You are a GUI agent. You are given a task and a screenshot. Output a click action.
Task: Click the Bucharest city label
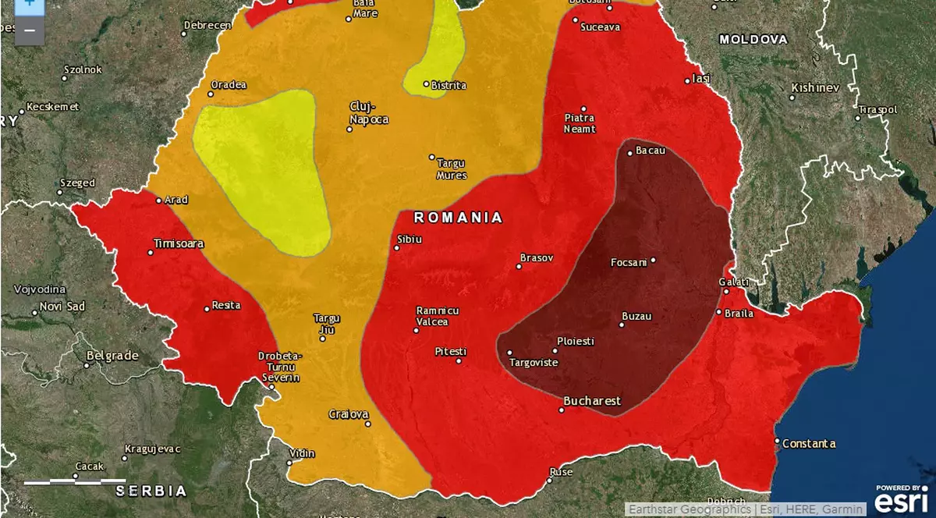592,401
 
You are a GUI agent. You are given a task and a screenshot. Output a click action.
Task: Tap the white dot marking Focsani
653,261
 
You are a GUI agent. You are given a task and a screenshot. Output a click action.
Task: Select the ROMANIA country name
458,218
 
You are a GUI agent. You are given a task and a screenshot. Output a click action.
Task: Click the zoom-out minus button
29,30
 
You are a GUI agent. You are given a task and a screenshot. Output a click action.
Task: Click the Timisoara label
179,243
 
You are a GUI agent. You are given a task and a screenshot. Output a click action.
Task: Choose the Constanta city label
809,444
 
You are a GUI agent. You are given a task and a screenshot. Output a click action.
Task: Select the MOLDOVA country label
753,39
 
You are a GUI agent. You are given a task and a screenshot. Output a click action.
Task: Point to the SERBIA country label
151,491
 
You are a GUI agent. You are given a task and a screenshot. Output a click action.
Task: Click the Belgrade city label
112,356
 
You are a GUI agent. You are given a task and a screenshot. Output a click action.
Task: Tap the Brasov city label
537,257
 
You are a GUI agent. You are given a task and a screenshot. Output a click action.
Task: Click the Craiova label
348,413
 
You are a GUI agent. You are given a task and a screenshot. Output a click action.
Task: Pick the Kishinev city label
815,87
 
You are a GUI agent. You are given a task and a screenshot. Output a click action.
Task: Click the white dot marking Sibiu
396,248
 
